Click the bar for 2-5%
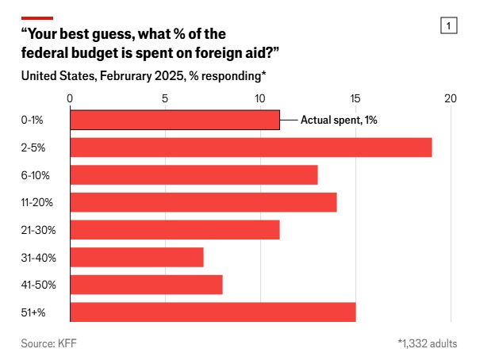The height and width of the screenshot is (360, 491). click(x=251, y=147)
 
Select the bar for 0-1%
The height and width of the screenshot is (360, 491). click(x=175, y=120)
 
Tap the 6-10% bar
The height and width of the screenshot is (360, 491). click(x=194, y=174)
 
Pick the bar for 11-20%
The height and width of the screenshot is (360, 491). click(x=203, y=202)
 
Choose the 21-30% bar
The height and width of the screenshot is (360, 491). click(x=175, y=229)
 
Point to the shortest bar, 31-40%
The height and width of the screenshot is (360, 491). click(x=136, y=257)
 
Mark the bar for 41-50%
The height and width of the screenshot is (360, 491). click(x=146, y=284)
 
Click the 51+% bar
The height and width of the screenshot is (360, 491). click(x=213, y=312)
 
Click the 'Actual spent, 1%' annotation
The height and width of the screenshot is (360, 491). click(x=337, y=120)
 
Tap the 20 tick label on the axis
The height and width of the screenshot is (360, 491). click(x=451, y=98)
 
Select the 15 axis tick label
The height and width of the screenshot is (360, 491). click(x=355, y=98)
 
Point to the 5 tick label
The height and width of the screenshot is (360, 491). click(x=165, y=98)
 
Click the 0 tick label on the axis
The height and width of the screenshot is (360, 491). click(x=71, y=98)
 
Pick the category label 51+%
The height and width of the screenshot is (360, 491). click(x=34, y=312)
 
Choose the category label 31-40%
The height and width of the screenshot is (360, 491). click(x=37, y=257)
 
